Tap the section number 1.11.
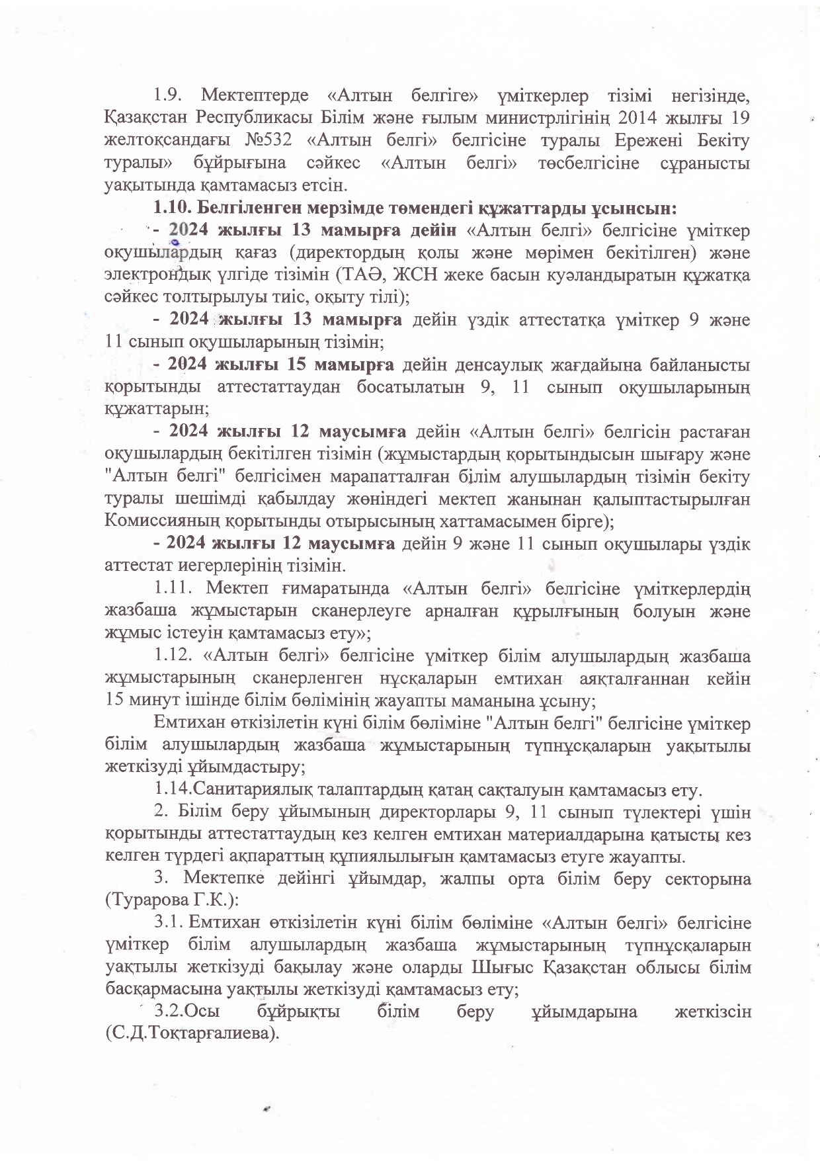coord(173,588)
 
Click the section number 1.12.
coord(173,656)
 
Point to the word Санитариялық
coord(252,790)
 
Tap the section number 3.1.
coord(169,923)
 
